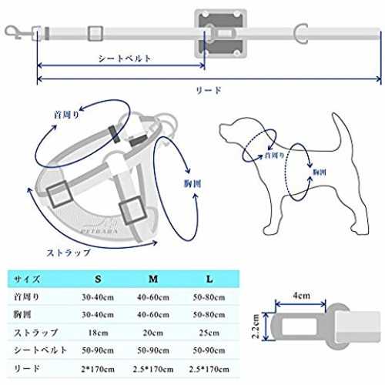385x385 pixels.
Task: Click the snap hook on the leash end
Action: coord(15,33)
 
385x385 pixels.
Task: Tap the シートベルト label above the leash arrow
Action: coord(125,59)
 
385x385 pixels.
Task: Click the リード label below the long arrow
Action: coord(209,90)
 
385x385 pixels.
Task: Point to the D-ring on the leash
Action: coord(301,33)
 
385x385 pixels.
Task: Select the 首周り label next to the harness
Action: coord(66,115)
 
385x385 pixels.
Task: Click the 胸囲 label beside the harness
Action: coord(192,184)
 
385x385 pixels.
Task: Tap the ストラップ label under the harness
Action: coord(69,253)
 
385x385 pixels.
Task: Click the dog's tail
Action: coord(341,132)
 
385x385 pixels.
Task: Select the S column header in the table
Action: coord(98,279)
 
